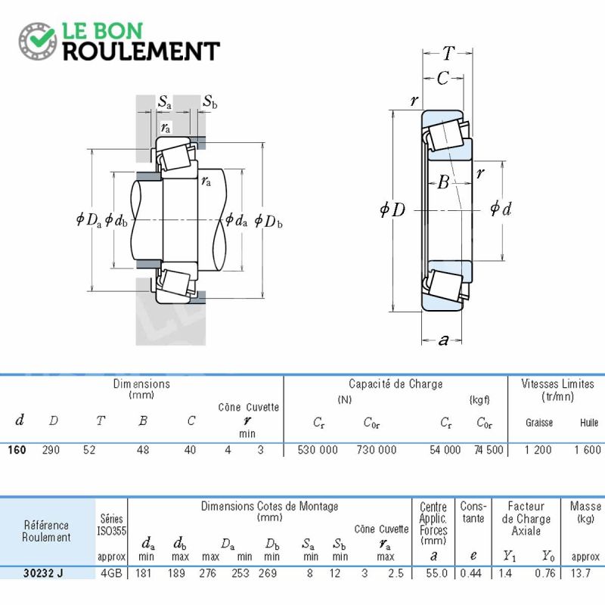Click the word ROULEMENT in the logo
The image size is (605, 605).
click(141, 51)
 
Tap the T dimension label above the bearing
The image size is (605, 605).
click(448, 53)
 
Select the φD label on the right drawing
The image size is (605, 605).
click(392, 209)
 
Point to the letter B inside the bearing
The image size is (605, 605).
click(444, 181)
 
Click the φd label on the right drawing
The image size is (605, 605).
click(501, 209)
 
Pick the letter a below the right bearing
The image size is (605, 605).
click(444, 340)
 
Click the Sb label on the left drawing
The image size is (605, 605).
click(210, 101)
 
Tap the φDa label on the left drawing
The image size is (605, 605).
click(88, 220)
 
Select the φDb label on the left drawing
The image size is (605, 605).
click(268, 221)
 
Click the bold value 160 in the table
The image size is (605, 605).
click(17, 450)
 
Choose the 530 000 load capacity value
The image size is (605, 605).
click(318, 450)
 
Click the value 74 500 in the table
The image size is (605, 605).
click(489, 450)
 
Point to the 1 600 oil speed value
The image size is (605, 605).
click(588, 450)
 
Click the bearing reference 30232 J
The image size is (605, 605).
click(43, 573)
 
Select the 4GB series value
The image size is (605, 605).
click(111, 573)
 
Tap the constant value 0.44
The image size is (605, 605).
click(470, 573)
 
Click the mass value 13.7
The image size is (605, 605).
click(581, 573)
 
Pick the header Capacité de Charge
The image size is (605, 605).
click(396, 384)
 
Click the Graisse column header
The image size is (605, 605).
click(539, 423)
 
